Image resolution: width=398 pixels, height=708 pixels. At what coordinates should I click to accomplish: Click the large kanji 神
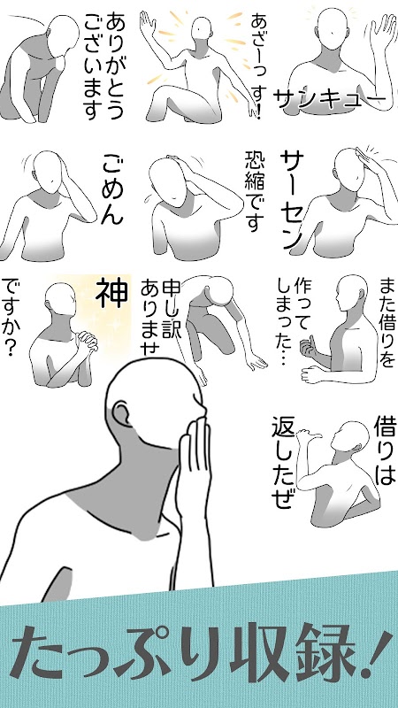click(112, 292)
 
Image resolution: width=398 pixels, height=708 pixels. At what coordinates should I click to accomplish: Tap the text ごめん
click(111, 189)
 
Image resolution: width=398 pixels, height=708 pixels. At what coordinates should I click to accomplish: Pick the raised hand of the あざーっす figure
click(148, 27)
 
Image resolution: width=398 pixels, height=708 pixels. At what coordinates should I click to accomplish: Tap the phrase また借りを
click(387, 322)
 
